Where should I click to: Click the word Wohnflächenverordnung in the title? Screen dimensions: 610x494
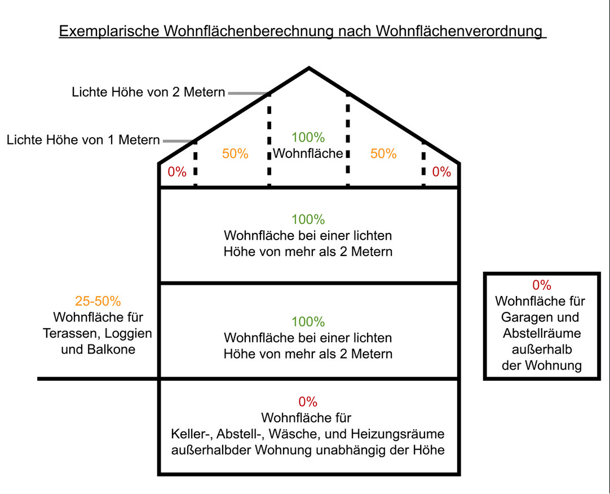(459, 31)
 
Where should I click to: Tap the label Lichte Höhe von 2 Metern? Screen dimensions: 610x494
(148, 92)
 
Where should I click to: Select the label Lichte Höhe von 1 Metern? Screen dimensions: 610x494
(83, 140)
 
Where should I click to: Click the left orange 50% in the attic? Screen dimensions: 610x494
(235, 154)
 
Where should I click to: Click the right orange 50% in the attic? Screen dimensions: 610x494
(383, 154)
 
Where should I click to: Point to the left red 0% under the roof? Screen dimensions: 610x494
(177, 171)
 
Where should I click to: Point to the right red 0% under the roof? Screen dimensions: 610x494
(441, 171)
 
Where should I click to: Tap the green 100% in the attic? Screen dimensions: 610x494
(308, 137)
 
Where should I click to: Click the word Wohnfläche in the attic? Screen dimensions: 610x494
(308, 153)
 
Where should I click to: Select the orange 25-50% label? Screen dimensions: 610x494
(98, 301)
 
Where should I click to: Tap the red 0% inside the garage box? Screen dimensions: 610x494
(542, 285)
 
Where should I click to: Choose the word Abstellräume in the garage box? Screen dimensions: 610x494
(542, 333)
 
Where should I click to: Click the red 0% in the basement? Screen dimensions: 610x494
(308, 402)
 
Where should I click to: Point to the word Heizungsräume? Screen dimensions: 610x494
(397, 434)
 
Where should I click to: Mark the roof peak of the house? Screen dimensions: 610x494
(309, 68)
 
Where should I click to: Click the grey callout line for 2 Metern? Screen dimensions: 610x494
(247, 94)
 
